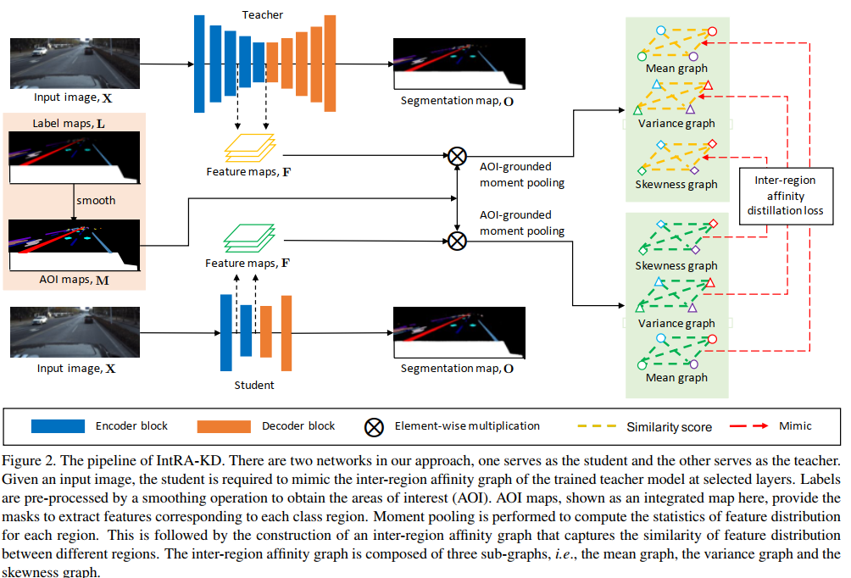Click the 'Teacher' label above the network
(263, 14)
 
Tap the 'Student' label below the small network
(254, 386)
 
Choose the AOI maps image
(74, 245)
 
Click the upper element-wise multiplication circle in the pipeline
(457, 155)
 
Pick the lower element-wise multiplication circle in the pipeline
(457, 240)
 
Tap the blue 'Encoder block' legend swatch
(58, 425)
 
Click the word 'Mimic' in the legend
(794, 425)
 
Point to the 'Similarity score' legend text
(670, 426)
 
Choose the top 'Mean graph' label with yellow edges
(676, 69)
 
